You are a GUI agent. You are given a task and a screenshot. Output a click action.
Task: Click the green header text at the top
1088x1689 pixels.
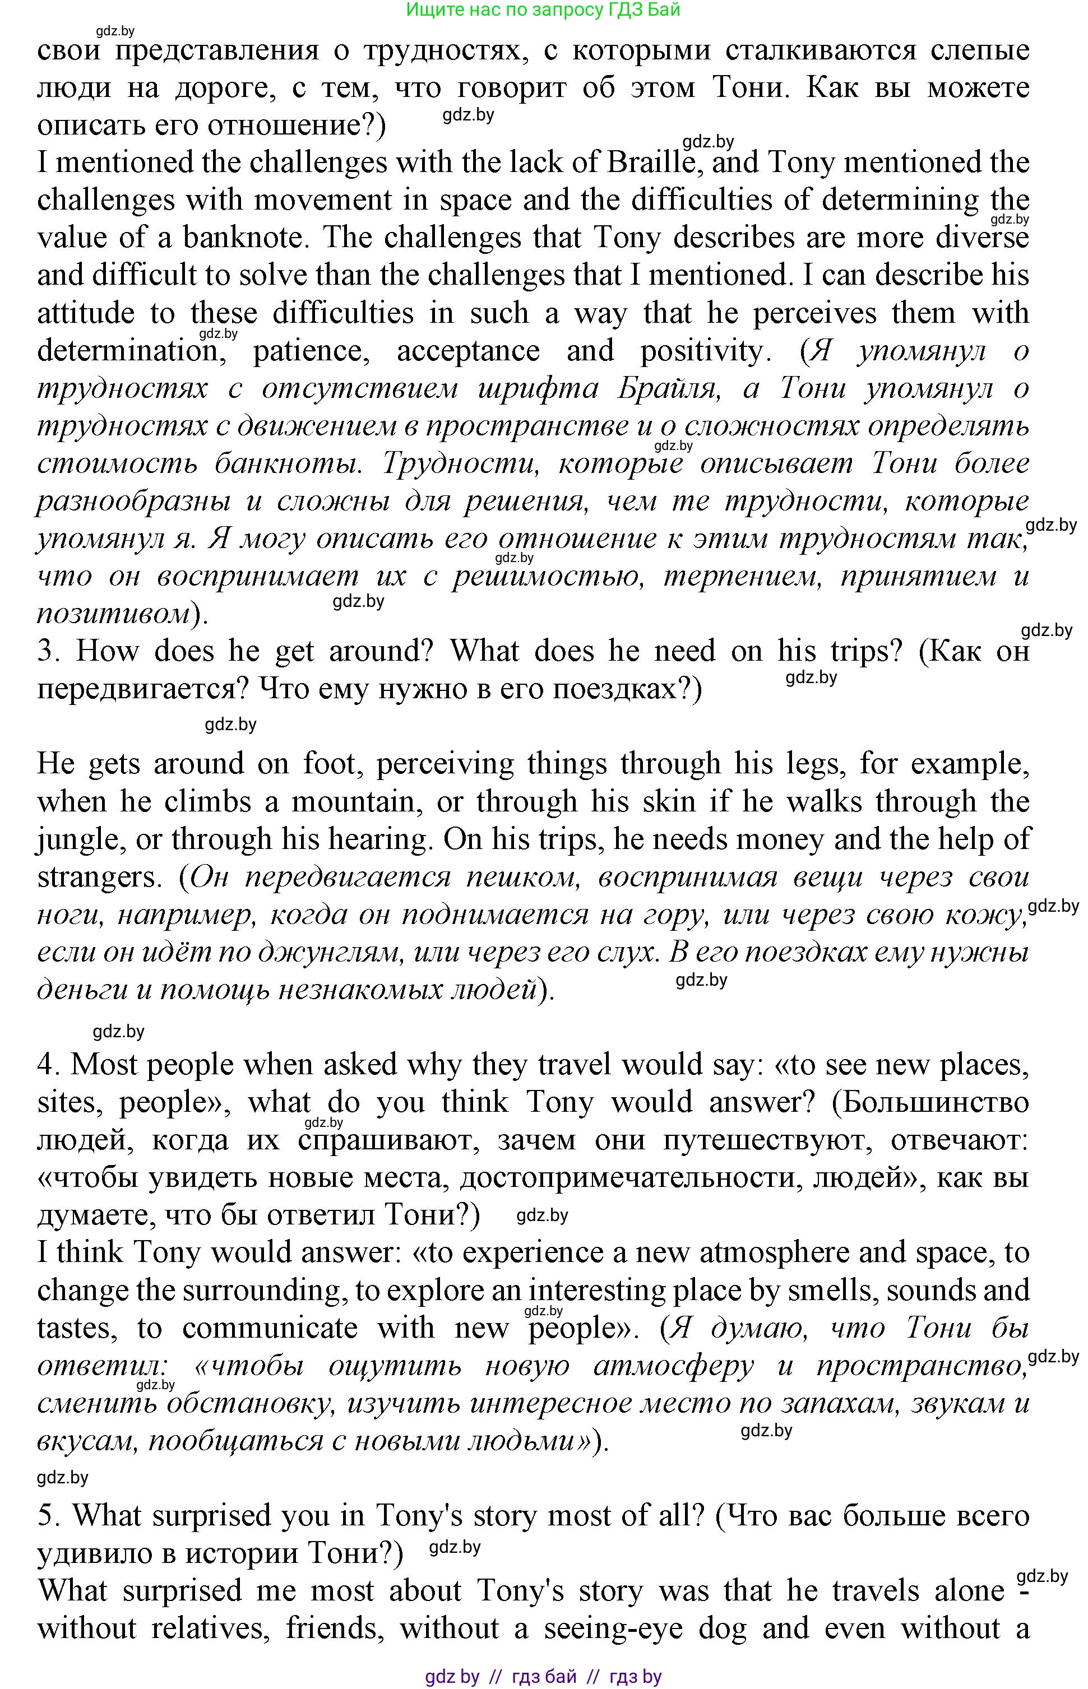point(543,10)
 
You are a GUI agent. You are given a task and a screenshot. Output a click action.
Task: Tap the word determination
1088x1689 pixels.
point(130,351)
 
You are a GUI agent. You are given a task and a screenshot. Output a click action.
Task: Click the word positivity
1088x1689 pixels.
point(702,351)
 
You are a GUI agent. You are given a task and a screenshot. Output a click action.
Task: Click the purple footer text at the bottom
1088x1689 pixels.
point(543,1676)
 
